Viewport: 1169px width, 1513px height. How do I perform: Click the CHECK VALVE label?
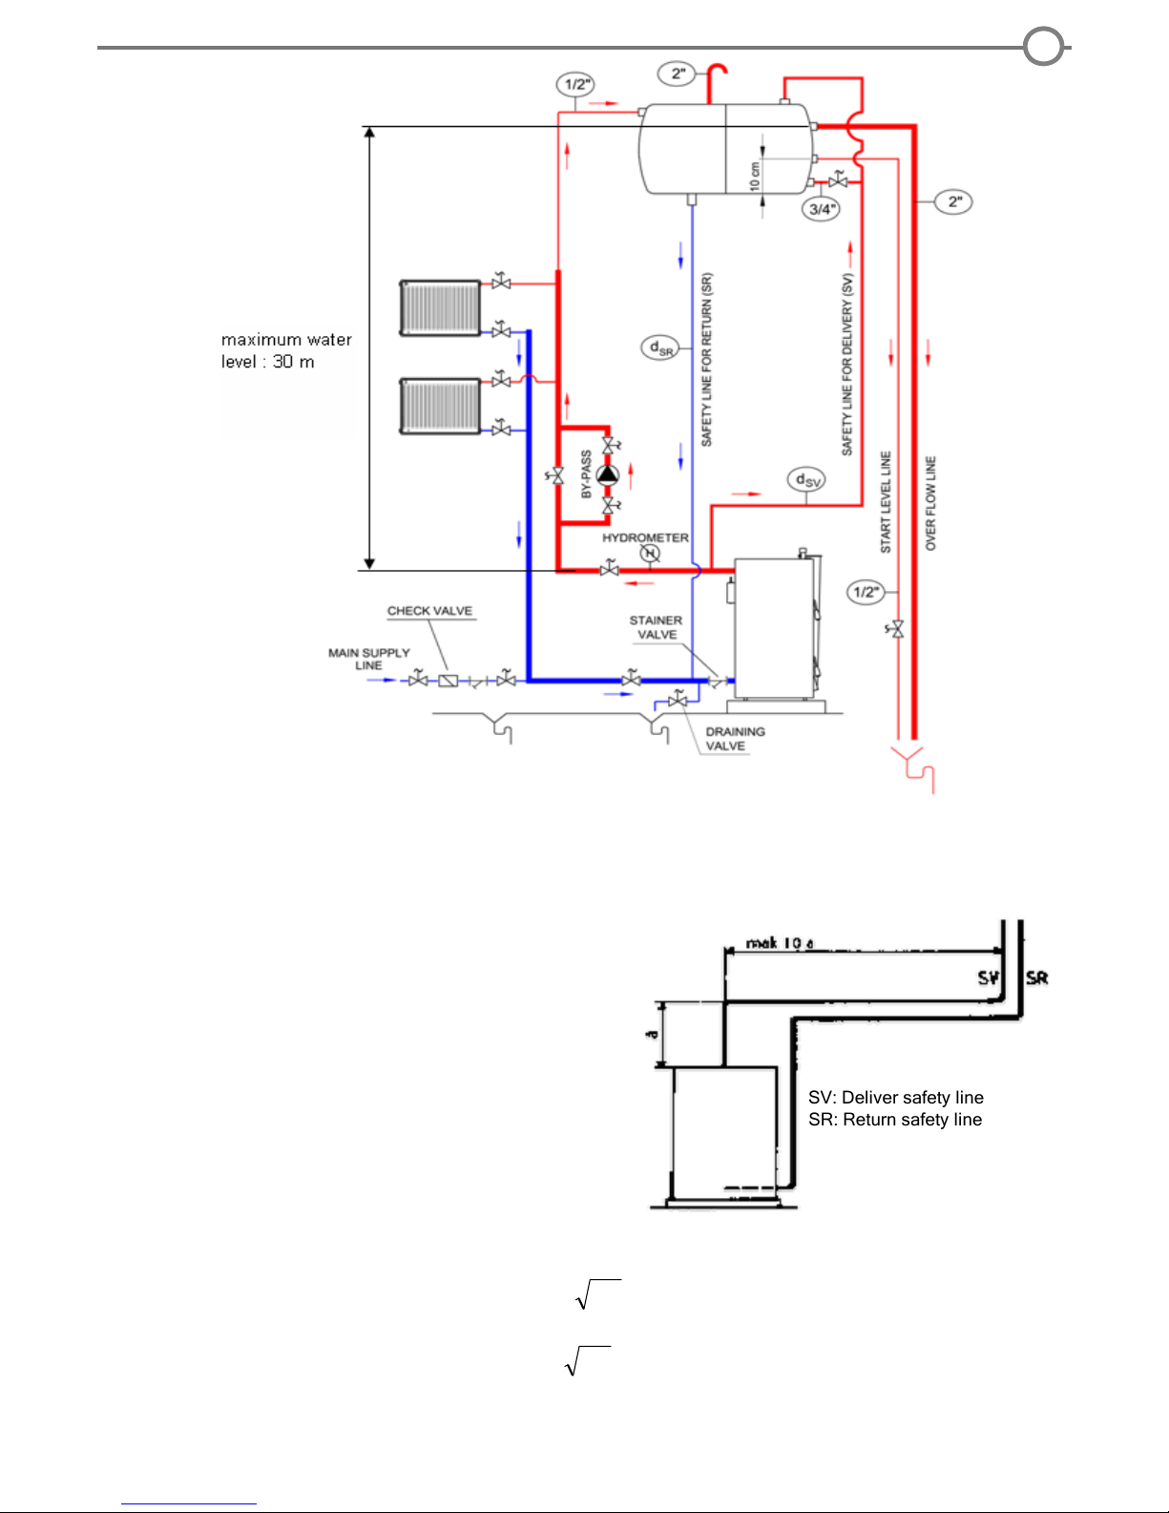click(429, 611)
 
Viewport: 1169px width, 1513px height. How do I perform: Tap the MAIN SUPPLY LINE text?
click(368, 659)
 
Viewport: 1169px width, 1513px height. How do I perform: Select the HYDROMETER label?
click(645, 538)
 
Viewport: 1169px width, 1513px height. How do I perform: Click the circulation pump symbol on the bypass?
click(608, 474)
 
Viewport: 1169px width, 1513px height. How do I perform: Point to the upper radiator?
click(440, 307)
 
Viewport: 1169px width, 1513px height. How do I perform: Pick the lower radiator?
click(440, 406)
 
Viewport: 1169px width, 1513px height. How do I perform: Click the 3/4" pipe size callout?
click(822, 209)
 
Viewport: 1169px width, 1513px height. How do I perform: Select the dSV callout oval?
click(807, 479)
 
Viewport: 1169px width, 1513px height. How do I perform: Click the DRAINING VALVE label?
click(734, 739)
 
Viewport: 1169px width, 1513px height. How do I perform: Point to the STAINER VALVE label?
click(656, 627)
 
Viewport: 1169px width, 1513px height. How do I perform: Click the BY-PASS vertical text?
click(586, 474)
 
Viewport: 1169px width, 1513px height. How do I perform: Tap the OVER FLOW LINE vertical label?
click(931, 503)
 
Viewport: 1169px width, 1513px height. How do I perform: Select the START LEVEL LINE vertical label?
click(886, 502)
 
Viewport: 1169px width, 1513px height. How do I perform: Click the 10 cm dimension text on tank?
click(754, 176)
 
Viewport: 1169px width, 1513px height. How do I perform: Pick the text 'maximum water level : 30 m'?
click(286, 350)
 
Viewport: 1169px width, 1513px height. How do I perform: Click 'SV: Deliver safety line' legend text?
click(895, 1098)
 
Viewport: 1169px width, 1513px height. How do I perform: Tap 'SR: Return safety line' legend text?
click(894, 1120)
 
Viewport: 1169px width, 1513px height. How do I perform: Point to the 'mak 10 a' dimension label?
click(780, 943)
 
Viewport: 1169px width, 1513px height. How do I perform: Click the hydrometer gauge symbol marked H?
click(650, 554)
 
